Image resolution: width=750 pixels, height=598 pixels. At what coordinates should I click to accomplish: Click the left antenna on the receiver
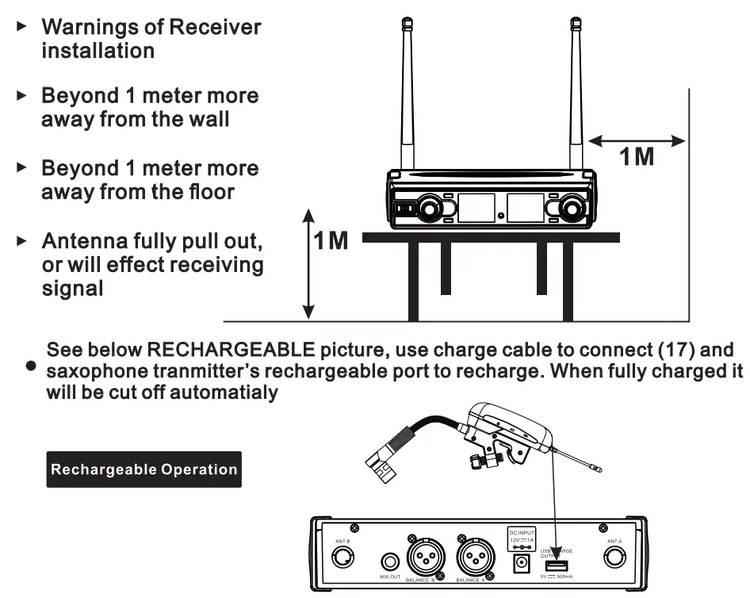[408, 95]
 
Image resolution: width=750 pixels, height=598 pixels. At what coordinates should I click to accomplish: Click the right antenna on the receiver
[576, 95]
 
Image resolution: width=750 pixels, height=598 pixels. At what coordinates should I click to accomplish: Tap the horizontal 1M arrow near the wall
[637, 141]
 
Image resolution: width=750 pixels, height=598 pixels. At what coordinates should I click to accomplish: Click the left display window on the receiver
[476, 208]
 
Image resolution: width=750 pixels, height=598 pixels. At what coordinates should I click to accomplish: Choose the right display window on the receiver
[525, 208]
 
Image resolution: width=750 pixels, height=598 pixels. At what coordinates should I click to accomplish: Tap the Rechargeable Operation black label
[143, 469]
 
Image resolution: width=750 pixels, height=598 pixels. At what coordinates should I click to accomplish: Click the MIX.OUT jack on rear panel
[388, 561]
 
